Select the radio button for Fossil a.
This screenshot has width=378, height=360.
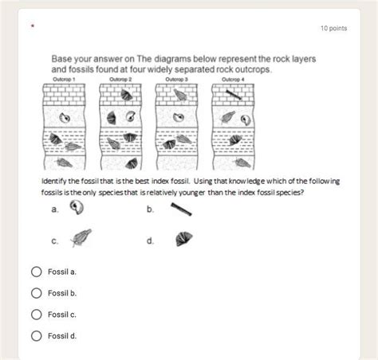[x=37, y=272]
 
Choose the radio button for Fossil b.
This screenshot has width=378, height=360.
[x=37, y=293]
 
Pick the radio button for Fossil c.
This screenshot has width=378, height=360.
[x=37, y=315]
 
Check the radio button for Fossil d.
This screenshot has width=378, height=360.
[x=37, y=336]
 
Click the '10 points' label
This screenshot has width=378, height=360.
[x=333, y=29]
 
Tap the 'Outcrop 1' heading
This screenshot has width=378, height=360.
[x=64, y=79]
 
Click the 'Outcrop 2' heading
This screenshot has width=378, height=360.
[x=120, y=79]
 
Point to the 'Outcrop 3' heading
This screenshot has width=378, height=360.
[x=176, y=79]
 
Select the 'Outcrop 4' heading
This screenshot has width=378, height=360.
[x=233, y=79]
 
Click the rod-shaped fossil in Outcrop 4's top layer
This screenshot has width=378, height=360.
[x=234, y=95]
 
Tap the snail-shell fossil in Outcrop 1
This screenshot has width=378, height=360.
[x=65, y=118]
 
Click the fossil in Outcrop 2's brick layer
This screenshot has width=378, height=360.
[x=126, y=95]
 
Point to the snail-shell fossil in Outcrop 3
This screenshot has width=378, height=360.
[x=179, y=117]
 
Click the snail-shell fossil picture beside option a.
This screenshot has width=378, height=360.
[x=77, y=207]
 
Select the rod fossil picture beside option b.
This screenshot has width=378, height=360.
[x=181, y=209]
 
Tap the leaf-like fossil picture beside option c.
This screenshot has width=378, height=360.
[x=81, y=237]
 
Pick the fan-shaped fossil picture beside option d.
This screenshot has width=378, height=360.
[x=183, y=239]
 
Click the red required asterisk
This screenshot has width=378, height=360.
[x=33, y=25]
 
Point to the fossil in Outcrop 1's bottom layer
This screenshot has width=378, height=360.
[x=64, y=162]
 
